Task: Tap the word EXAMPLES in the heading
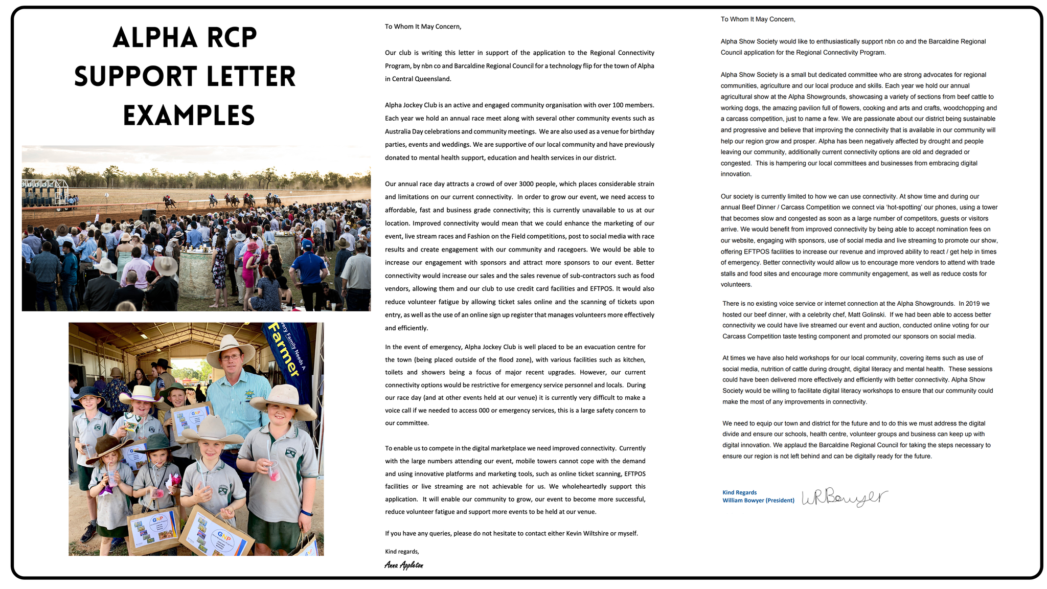(x=189, y=116)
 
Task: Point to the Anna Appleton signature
(x=404, y=565)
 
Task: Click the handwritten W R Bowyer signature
(x=844, y=497)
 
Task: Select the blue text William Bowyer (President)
(x=758, y=501)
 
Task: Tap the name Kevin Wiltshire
(x=587, y=533)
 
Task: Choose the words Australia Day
(x=403, y=131)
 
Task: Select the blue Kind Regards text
(x=739, y=492)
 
